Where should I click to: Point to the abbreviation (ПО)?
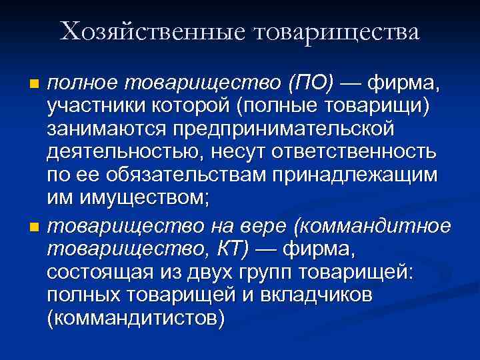[308, 84]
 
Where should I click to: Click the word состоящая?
[96, 273]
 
